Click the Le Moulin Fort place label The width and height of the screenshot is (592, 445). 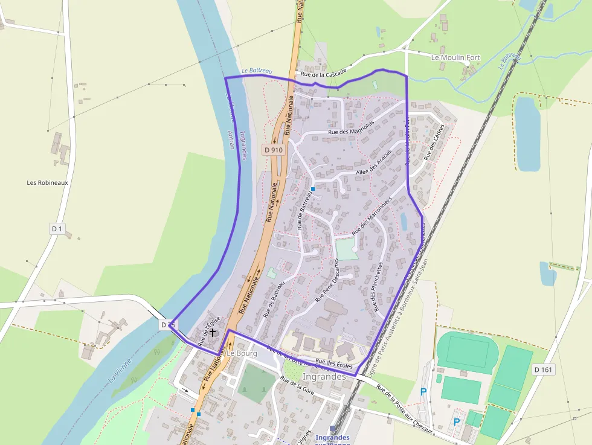[455, 57]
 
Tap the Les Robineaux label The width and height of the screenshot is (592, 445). [48, 182]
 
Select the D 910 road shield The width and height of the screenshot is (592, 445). [272, 149]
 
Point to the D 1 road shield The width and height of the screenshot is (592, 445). [57, 229]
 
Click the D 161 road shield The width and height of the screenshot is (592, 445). [544, 369]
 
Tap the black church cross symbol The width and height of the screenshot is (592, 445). [212, 332]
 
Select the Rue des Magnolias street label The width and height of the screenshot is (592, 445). [351, 127]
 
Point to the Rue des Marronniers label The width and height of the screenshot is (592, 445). [372, 216]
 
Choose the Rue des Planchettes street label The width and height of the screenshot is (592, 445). [378, 286]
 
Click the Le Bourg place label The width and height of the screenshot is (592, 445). [242, 353]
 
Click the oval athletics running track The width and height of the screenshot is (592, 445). [465, 351]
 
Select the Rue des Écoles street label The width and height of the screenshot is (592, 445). [338, 363]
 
